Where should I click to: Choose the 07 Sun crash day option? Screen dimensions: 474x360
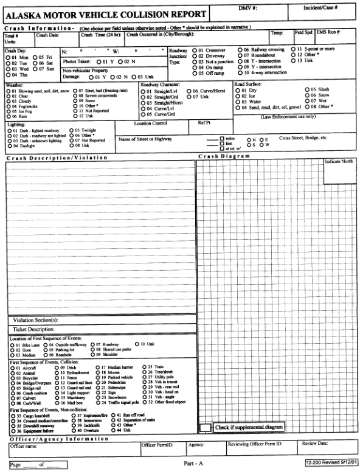coord(33,69)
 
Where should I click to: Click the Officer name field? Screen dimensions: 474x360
coord(73,451)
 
